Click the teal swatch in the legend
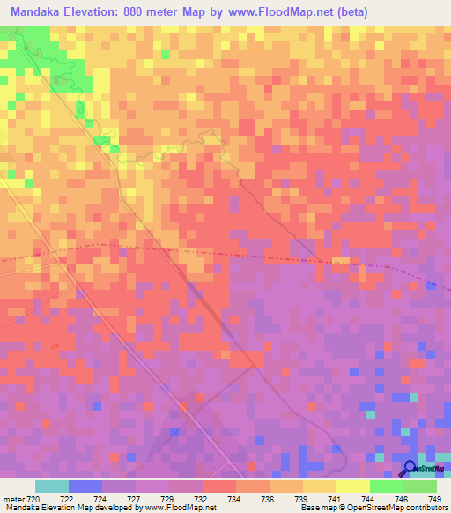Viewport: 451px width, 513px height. point(52,486)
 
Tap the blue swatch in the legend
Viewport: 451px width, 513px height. point(85,486)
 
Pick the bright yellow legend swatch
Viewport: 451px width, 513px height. point(353,486)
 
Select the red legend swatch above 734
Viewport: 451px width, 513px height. point(219,486)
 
